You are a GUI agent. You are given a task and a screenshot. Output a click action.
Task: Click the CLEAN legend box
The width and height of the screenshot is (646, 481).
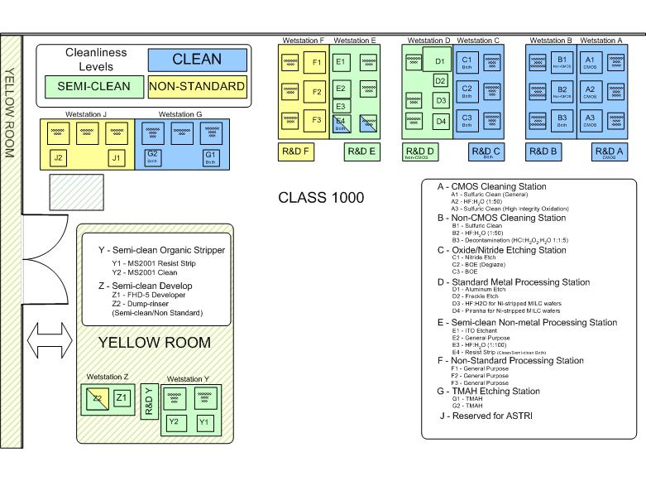(x=197, y=60)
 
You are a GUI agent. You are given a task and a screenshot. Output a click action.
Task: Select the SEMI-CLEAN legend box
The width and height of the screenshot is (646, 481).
(x=91, y=86)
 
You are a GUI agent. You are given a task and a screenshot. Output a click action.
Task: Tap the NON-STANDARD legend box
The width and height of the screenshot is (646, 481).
(x=197, y=86)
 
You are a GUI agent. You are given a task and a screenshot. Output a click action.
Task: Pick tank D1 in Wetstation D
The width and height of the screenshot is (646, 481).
(x=440, y=60)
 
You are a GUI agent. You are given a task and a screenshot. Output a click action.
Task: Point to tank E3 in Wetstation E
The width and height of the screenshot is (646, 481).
(x=340, y=106)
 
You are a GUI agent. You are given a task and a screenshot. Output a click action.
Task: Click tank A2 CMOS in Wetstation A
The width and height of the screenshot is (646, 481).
(x=590, y=91)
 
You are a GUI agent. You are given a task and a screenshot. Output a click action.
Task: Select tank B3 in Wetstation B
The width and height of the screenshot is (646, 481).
(x=562, y=120)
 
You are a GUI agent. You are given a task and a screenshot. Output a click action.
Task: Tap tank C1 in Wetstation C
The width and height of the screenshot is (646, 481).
(x=467, y=62)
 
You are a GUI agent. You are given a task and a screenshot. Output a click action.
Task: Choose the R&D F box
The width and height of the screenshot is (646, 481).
(x=295, y=152)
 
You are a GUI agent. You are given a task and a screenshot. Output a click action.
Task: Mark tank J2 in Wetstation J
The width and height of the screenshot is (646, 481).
(x=58, y=157)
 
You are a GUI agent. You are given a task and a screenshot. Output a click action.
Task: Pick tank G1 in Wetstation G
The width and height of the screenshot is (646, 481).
(x=210, y=157)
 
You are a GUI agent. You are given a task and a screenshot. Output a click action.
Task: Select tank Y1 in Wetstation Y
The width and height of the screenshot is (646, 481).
(x=205, y=422)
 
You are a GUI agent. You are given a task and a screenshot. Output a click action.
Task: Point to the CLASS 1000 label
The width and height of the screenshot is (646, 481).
(x=321, y=199)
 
